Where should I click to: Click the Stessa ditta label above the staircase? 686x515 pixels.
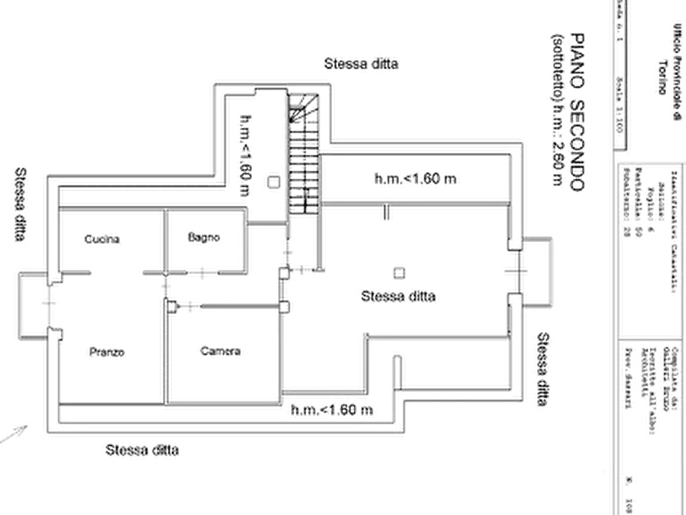tap(363, 64)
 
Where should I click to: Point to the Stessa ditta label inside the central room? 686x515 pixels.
tap(399, 297)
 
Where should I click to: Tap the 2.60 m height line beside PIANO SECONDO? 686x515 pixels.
tap(557, 115)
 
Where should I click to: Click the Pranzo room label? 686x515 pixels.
tap(106, 353)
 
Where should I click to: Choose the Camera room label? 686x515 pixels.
tap(221, 353)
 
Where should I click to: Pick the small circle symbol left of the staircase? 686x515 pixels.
tap(273, 181)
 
